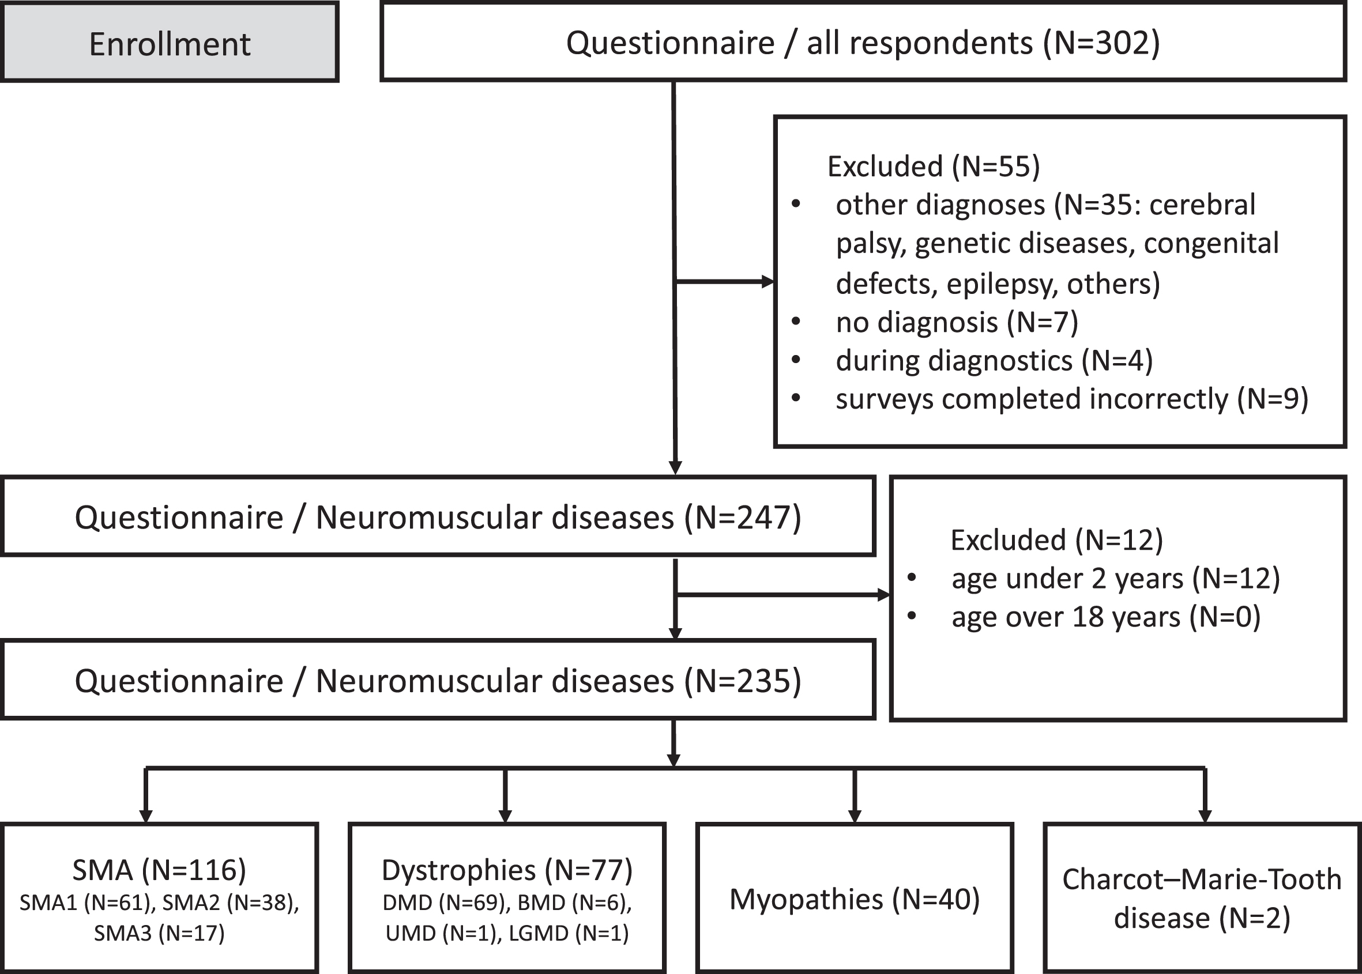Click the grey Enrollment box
coord(170,42)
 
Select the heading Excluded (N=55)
coord(933,166)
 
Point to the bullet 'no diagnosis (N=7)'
coord(957,322)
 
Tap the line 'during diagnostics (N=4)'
coord(994,360)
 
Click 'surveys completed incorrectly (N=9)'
coord(1071,399)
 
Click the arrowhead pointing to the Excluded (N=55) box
coord(768,281)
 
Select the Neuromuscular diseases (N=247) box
coord(438,516)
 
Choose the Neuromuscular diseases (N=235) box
coord(438,679)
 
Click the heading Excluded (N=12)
coord(1056,540)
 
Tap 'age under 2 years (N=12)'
coord(1115,578)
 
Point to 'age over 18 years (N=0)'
coord(1106,617)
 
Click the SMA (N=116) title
coord(159,870)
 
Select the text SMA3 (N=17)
coord(159,933)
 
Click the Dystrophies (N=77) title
coord(507,870)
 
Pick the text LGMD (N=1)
coord(569,933)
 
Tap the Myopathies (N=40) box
coord(855,898)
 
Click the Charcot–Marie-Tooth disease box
coord(1202,898)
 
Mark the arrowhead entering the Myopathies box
coord(855,816)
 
